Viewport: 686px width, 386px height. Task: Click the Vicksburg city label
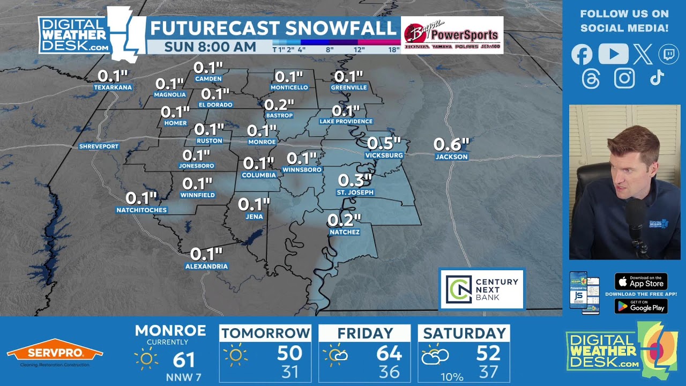[384, 155]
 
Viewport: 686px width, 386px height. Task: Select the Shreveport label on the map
[99, 146]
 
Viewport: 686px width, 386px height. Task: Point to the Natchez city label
[344, 232]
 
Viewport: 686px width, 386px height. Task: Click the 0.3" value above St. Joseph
[355, 181]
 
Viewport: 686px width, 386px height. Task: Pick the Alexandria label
[206, 266]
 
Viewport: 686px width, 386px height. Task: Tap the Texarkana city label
[113, 87]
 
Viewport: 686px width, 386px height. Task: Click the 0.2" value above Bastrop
[279, 105]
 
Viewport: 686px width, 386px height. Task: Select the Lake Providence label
[346, 122]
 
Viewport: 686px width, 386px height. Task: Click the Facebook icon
[581, 54]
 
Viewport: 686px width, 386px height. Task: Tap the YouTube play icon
[613, 54]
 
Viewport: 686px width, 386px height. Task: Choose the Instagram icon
[624, 78]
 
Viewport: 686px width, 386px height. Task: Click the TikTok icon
[657, 78]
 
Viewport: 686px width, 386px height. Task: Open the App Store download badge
[640, 281]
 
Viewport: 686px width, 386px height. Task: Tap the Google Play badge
[640, 306]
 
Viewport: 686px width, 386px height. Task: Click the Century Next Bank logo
[482, 289]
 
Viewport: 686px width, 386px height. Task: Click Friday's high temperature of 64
[389, 354]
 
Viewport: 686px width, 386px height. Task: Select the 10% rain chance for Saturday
[451, 377]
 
